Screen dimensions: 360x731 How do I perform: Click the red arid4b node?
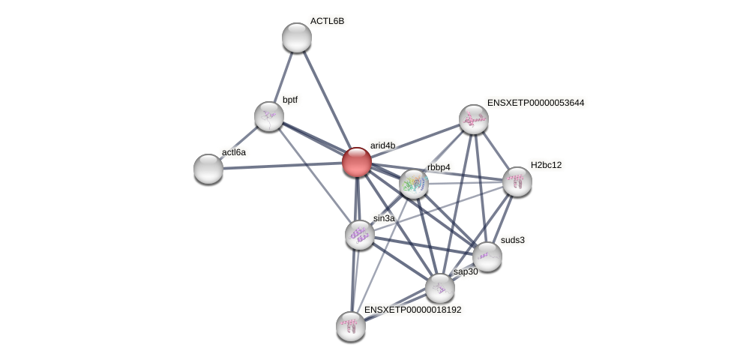click(x=357, y=162)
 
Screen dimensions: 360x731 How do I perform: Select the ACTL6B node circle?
click(x=297, y=37)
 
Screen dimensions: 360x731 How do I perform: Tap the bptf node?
click(x=269, y=116)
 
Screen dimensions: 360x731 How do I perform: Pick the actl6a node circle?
click(x=208, y=168)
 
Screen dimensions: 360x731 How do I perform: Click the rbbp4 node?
click(x=414, y=184)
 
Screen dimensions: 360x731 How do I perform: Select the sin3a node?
click(x=360, y=235)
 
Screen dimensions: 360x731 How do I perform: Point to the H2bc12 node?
click(x=517, y=181)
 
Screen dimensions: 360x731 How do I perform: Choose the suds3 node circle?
click(x=487, y=256)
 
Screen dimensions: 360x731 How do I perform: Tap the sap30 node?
click(x=440, y=288)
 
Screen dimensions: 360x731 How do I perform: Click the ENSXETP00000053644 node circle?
click(x=474, y=119)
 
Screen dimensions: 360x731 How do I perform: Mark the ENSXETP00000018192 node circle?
click(x=351, y=326)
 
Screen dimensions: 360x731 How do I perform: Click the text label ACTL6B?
click(x=327, y=21)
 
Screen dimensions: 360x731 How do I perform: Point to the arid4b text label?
click(x=382, y=145)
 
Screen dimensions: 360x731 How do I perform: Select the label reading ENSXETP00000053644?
click(x=535, y=103)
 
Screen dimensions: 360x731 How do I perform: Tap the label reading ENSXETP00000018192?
click(x=412, y=309)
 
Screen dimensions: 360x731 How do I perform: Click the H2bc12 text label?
click(x=546, y=165)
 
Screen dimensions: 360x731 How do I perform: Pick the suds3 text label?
click(x=513, y=240)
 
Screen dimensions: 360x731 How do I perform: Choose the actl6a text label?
click(x=234, y=152)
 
